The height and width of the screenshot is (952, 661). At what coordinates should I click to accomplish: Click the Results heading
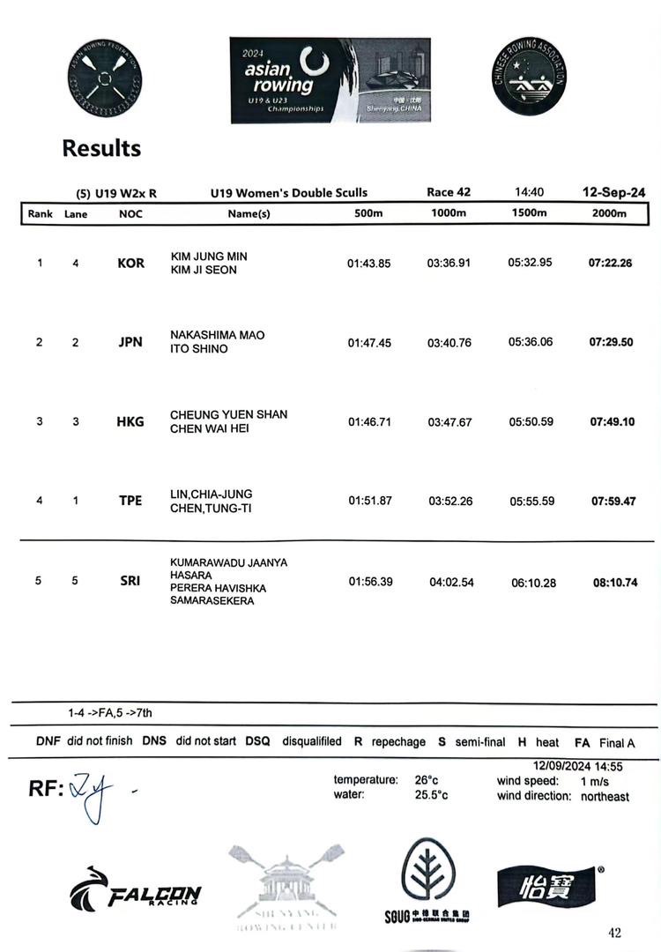[101, 148]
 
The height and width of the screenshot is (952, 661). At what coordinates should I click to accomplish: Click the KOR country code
[130, 264]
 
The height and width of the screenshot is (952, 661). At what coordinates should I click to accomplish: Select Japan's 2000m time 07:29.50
[612, 342]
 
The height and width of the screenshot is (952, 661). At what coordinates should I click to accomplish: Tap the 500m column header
[368, 213]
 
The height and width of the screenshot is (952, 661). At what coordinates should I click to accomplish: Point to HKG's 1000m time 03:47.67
[449, 422]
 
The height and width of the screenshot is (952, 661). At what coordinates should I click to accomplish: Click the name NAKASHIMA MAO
[217, 335]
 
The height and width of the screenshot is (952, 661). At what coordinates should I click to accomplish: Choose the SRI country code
[130, 581]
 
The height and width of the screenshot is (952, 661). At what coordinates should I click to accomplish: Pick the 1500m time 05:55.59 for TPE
[531, 502]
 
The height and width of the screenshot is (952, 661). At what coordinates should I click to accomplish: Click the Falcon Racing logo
[136, 891]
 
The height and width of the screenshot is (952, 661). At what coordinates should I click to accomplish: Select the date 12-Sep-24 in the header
[613, 192]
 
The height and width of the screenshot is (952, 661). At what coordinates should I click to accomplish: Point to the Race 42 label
[449, 192]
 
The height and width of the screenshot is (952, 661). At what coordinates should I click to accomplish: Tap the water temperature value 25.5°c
[431, 795]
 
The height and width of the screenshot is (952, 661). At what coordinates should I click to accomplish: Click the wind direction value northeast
[605, 796]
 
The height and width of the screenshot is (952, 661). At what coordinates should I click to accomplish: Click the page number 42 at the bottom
[614, 933]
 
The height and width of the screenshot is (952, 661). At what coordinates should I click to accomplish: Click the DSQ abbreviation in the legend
[257, 741]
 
